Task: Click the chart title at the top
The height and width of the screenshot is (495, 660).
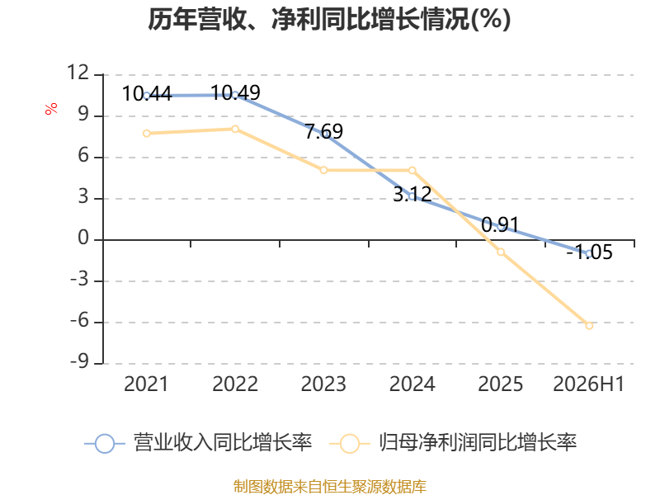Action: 329,19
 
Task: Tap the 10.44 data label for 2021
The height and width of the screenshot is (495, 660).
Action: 147,93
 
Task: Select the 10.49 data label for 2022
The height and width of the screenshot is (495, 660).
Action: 235,92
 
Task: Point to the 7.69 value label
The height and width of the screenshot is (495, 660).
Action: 323,131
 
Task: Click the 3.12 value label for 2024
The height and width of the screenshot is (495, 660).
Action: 412,194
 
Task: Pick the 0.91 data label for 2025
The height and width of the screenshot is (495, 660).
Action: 501,224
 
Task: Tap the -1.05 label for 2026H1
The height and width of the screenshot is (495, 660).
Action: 589,252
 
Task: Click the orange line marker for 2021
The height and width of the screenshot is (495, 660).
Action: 147,134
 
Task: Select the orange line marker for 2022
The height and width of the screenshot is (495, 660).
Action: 235,129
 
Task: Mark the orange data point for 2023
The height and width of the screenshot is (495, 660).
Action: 323,170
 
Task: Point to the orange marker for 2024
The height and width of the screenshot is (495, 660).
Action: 412,170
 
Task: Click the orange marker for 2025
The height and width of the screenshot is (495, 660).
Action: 501,252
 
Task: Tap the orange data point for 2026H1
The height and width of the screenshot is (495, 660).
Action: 589,325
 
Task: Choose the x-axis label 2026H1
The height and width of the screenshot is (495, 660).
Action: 588,384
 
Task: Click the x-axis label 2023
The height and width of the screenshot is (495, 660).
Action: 323,384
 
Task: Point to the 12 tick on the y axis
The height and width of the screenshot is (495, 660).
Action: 78,73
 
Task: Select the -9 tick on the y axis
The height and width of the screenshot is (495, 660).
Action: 80,361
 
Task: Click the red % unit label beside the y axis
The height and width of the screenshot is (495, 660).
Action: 51,109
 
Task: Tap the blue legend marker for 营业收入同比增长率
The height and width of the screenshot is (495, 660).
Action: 105,444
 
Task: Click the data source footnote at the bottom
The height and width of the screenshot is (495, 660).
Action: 330,487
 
